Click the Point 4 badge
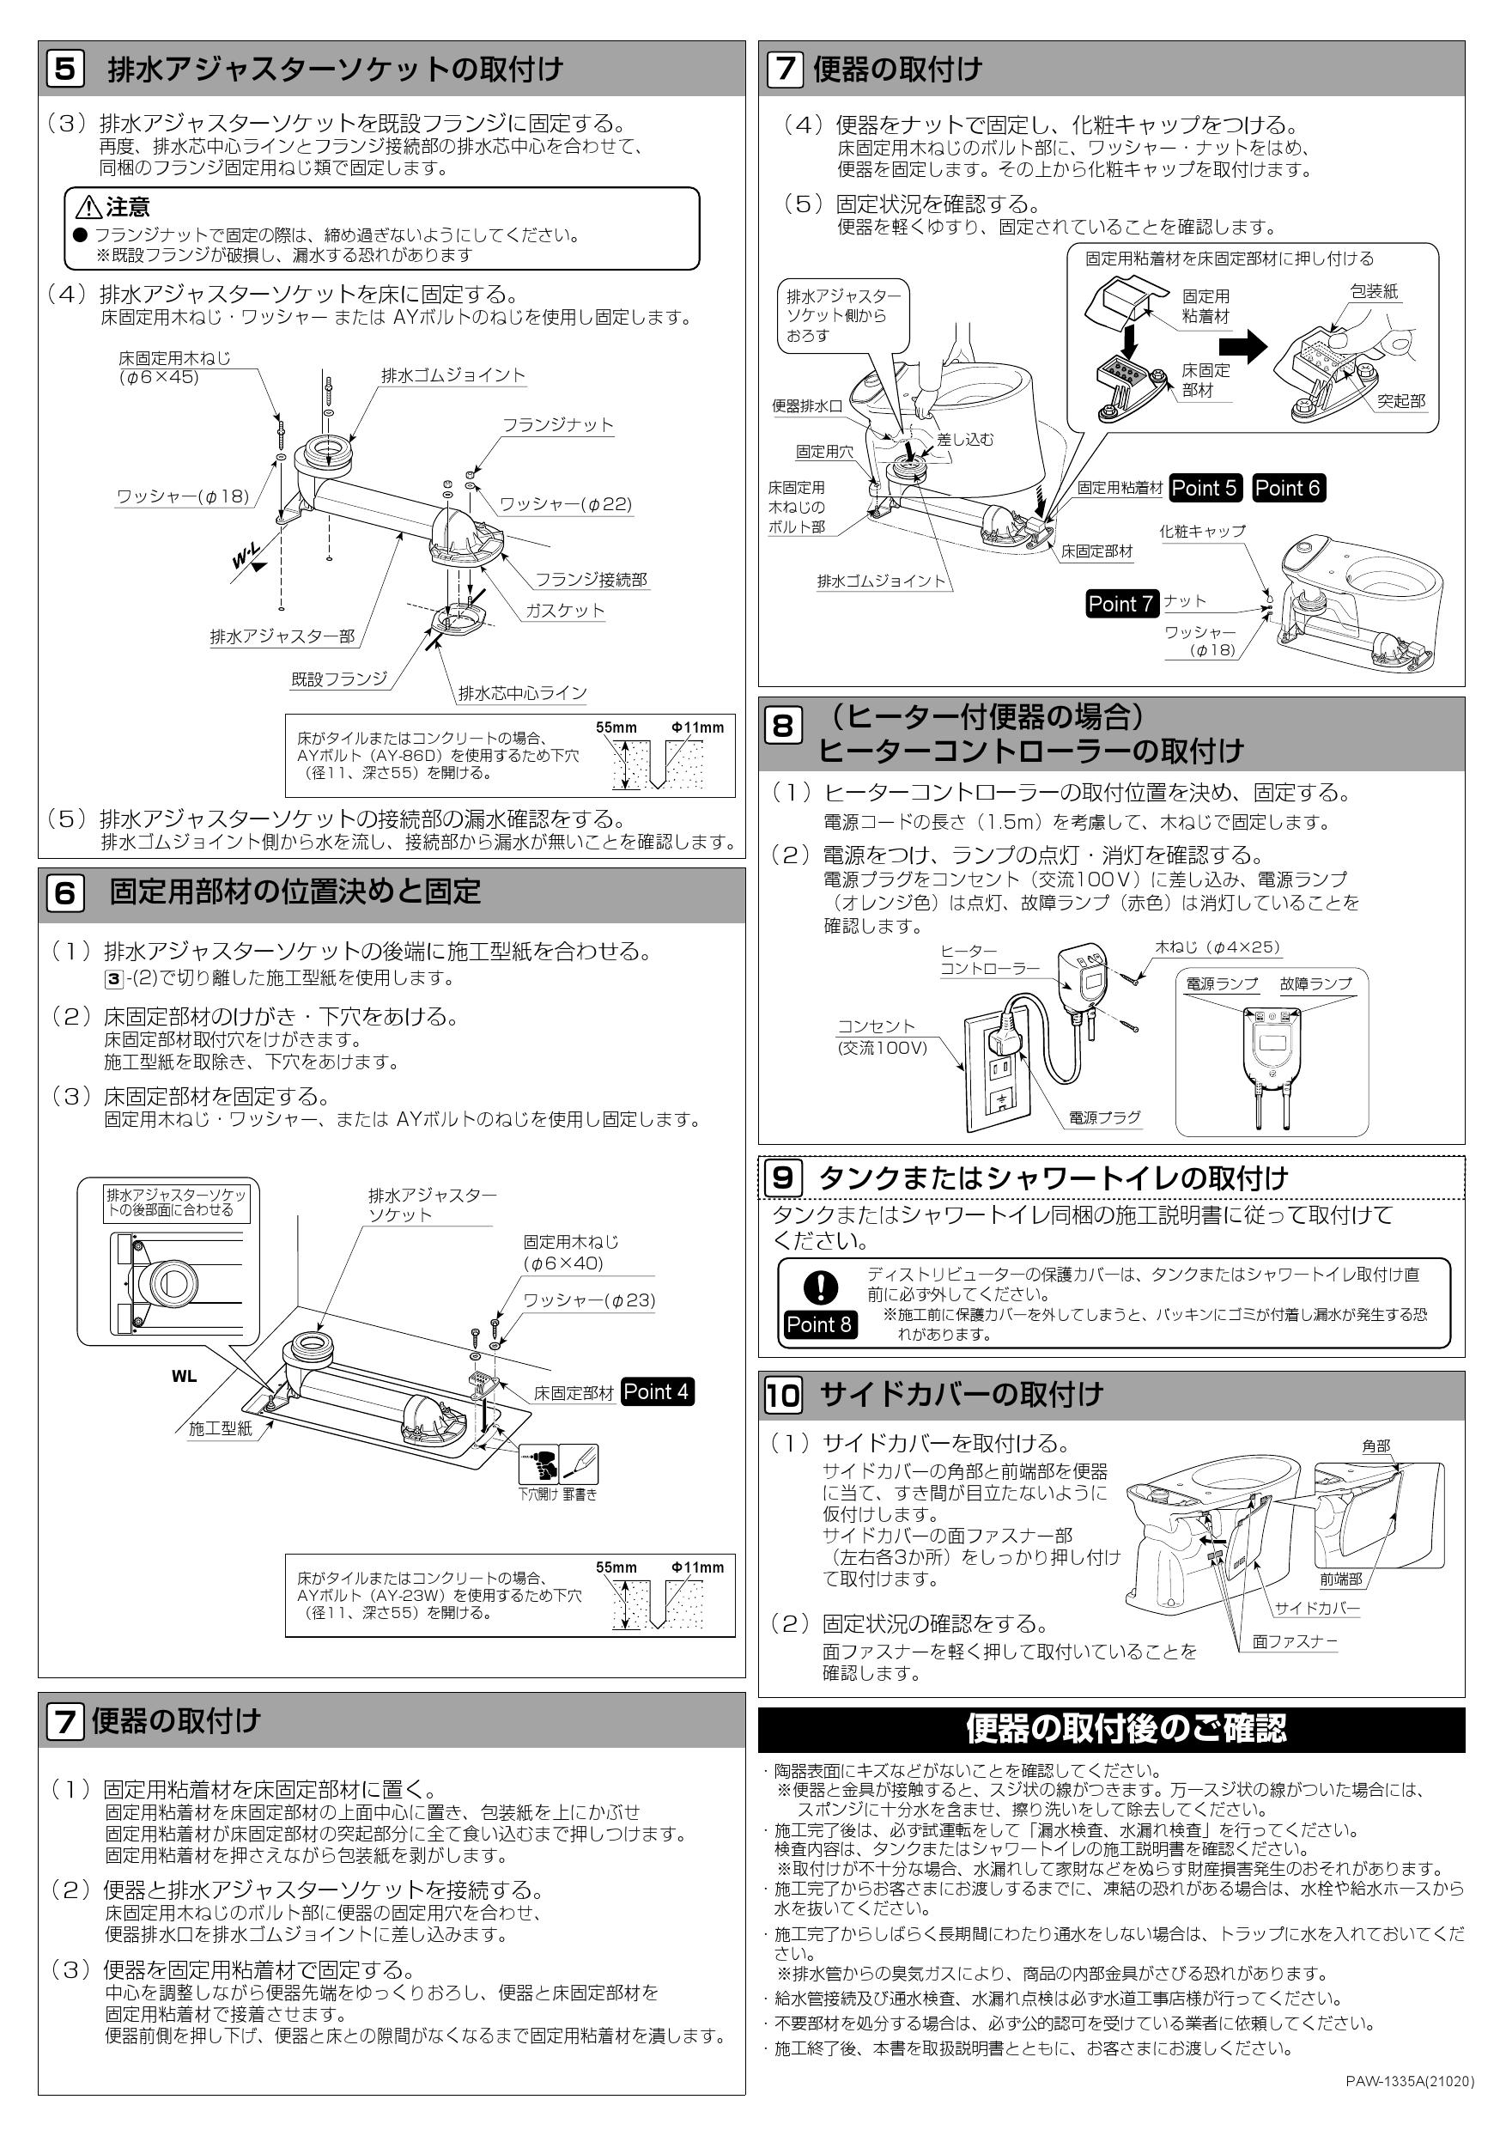(x=656, y=1391)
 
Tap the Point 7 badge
(x=1121, y=604)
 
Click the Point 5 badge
(x=1204, y=488)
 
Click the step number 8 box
(x=781, y=726)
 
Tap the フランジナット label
(x=557, y=425)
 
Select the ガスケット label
(x=564, y=611)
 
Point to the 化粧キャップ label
(x=1202, y=532)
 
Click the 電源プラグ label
(x=1104, y=1118)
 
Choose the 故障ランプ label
(x=1316, y=984)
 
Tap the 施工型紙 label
(x=220, y=1428)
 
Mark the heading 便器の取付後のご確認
(x=1126, y=1728)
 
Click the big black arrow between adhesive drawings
(x=1242, y=348)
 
